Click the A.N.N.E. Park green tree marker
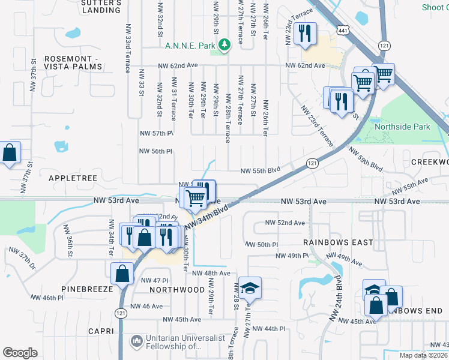224,44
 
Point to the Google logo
20,353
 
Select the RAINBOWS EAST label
338,242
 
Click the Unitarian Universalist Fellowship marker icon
137,340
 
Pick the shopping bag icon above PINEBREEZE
122,274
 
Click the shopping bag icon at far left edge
10,154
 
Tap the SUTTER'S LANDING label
101,7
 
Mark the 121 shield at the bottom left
122,313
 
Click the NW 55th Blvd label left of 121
261,170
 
